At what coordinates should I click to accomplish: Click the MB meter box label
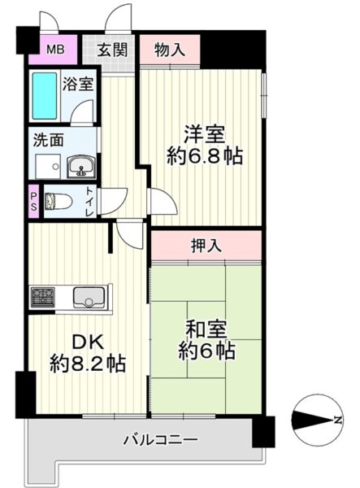[55, 49]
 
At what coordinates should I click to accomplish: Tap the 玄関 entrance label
[112, 50]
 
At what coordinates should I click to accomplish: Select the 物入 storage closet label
[170, 50]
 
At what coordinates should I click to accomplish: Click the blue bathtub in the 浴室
[45, 96]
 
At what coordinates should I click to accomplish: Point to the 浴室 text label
[78, 84]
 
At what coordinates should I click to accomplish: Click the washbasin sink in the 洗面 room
[82, 167]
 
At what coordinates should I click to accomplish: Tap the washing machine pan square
[48, 167]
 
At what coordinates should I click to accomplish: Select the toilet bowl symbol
[59, 201]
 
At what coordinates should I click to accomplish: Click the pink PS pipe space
[33, 202]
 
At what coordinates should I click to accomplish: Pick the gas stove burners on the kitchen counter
[43, 296]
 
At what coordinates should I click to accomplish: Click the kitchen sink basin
[89, 297]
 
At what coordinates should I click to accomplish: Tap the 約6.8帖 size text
[205, 156]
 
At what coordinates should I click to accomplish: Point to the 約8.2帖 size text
[88, 363]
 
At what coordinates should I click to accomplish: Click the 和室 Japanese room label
[206, 329]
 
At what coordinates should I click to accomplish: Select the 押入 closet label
[206, 246]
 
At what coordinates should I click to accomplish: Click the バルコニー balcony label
[161, 440]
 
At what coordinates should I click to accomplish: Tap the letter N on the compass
[337, 420]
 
